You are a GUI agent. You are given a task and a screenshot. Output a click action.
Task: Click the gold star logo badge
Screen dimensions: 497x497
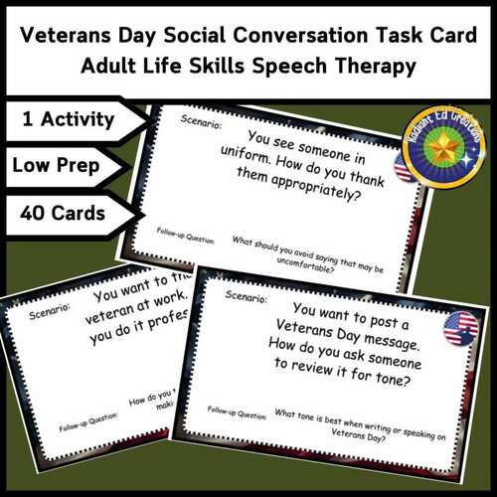[442, 146]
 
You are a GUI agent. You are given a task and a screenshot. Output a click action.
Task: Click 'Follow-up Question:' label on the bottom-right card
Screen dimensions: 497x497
[235, 410]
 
